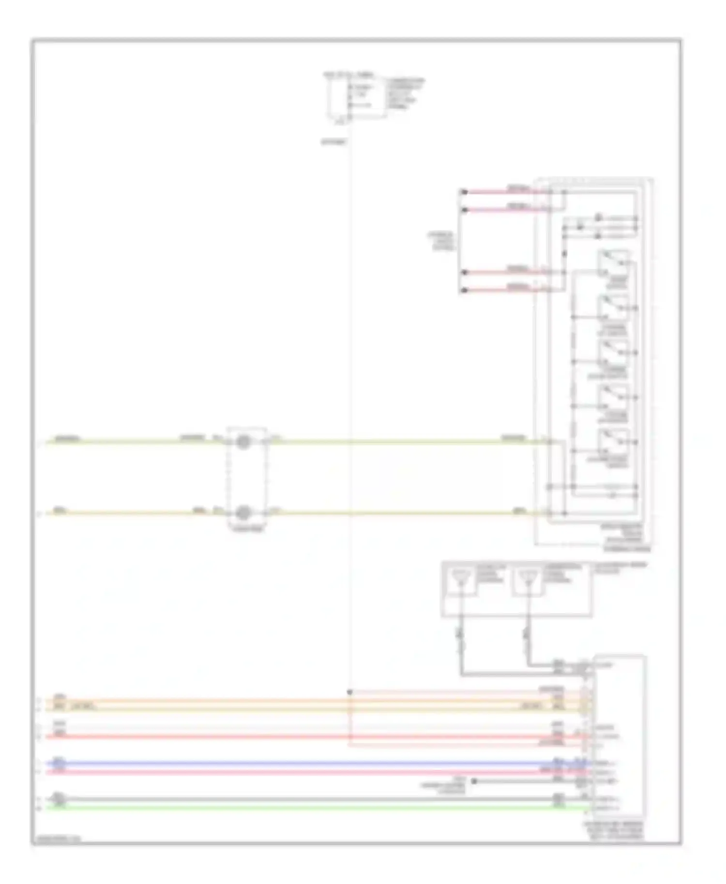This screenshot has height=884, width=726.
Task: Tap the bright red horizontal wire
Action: click(290, 737)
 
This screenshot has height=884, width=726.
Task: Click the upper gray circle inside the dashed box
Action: click(243, 442)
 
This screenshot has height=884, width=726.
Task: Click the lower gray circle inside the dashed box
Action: click(244, 512)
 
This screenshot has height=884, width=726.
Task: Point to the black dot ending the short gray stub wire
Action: click(474, 781)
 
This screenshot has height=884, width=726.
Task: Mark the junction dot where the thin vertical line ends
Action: click(349, 692)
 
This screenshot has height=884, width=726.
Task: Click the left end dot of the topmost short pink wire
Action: click(464, 192)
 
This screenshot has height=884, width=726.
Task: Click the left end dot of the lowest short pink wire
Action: click(464, 290)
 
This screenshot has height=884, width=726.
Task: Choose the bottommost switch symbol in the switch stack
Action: click(613, 442)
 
